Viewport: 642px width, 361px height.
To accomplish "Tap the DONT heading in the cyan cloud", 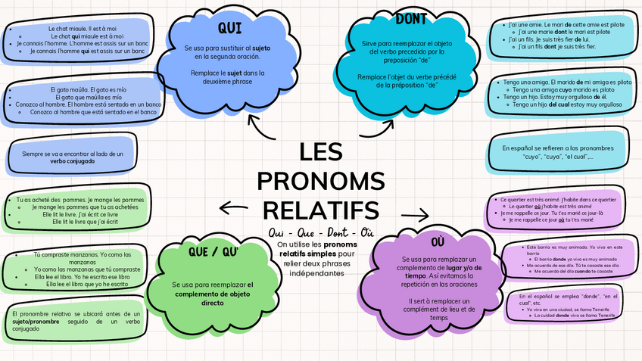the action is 411,19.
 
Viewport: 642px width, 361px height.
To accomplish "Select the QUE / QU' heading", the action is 213,251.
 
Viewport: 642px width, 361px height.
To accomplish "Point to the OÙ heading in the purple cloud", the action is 438,241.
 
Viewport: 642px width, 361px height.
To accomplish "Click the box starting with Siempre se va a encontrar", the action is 72,157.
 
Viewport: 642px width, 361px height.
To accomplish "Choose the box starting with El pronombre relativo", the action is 76,319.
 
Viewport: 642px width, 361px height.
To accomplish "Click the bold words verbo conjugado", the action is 72,161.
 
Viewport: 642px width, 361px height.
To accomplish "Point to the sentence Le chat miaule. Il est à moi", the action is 76,29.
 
